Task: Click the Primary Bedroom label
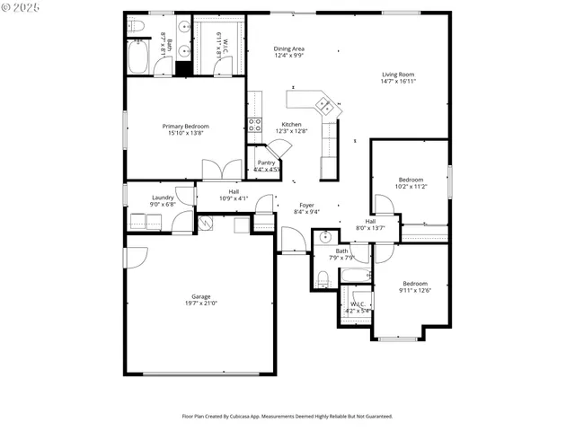(185, 127)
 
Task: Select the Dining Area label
(288, 48)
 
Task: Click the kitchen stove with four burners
(254, 124)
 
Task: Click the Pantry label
(266, 163)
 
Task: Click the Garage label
(200, 296)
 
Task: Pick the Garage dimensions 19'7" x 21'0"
(200, 303)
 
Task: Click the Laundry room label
(163, 198)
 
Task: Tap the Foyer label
(307, 206)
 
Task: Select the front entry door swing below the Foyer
(293, 240)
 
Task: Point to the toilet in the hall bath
(324, 277)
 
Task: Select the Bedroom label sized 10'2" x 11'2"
(411, 180)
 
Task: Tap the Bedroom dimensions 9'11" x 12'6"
(415, 290)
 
